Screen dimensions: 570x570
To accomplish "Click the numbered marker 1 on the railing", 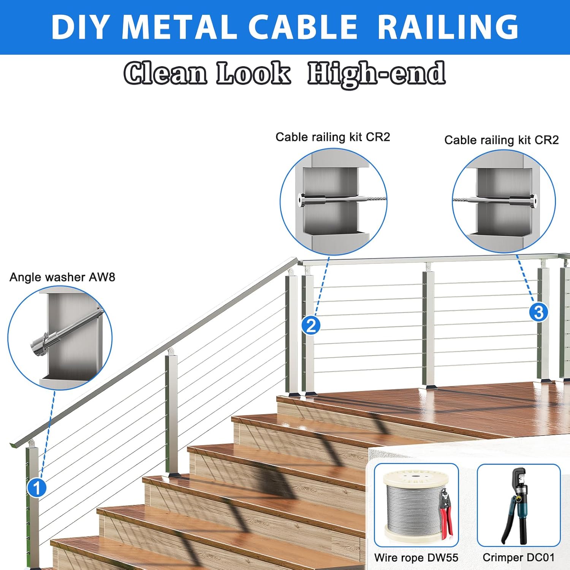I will click(37, 488).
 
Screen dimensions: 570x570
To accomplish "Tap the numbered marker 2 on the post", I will click(311, 326).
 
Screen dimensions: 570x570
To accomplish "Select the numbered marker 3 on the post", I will click(538, 312).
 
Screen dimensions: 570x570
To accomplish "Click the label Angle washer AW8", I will click(62, 277).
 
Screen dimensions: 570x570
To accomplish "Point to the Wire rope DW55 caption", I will click(416, 557).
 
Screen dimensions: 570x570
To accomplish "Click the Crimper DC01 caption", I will click(518, 557).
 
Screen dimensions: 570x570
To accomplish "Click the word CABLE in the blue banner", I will click(303, 27).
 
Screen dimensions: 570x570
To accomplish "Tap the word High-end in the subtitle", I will click(376, 73).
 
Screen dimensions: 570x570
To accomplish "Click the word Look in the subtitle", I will click(253, 73).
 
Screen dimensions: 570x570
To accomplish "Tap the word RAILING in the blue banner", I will click(448, 27).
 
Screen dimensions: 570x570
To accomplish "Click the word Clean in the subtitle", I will click(166, 73).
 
